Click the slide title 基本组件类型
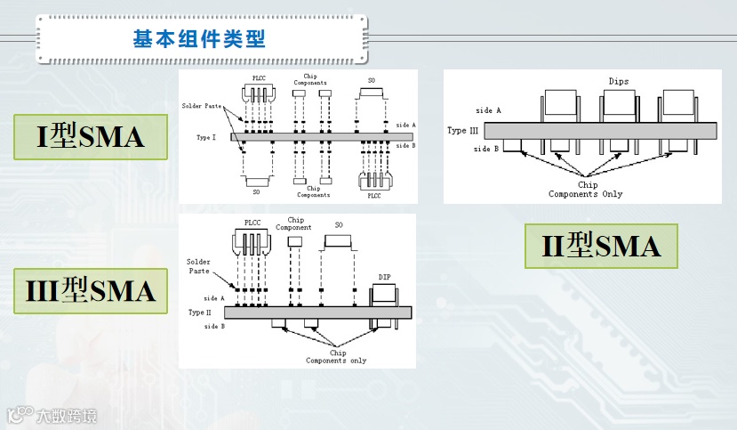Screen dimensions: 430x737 click(199, 39)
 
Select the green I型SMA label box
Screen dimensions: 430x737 click(91, 137)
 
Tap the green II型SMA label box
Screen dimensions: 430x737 click(601, 246)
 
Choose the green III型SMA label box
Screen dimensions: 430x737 click(91, 290)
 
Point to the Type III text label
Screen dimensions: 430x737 click(462, 130)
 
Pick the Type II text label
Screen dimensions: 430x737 click(200, 312)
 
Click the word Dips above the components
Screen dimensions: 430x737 click(619, 81)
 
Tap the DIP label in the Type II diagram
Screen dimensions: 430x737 click(384, 277)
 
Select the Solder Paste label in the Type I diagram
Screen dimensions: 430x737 click(201, 106)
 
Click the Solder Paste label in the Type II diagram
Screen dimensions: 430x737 click(198, 266)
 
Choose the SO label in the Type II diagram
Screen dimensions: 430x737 click(338, 224)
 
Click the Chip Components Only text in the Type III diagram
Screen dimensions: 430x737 click(585, 190)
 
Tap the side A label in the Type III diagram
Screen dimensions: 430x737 click(488, 110)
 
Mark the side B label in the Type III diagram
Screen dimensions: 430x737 click(487, 149)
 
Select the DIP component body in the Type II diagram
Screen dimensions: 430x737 click(384, 294)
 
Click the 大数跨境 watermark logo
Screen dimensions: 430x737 click(52, 416)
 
